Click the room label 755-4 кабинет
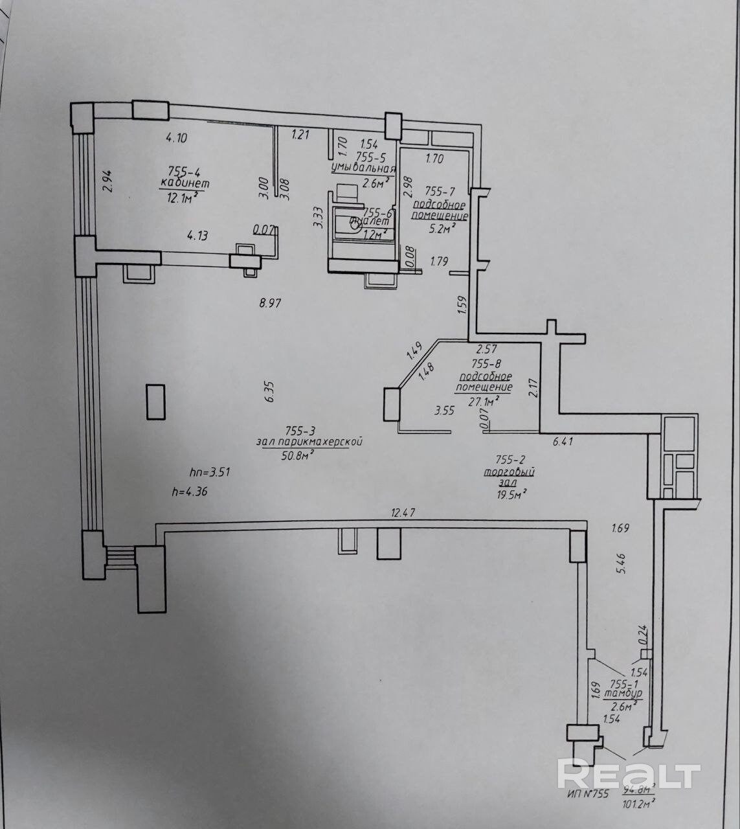[x=184, y=177]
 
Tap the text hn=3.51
[x=210, y=472]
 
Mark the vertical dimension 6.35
[x=270, y=391]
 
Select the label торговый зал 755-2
[x=509, y=471]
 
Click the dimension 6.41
[x=563, y=442]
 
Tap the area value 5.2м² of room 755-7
[x=441, y=227]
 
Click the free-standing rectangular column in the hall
[x=155, y=402]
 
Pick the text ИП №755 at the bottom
[x=587, y=795]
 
